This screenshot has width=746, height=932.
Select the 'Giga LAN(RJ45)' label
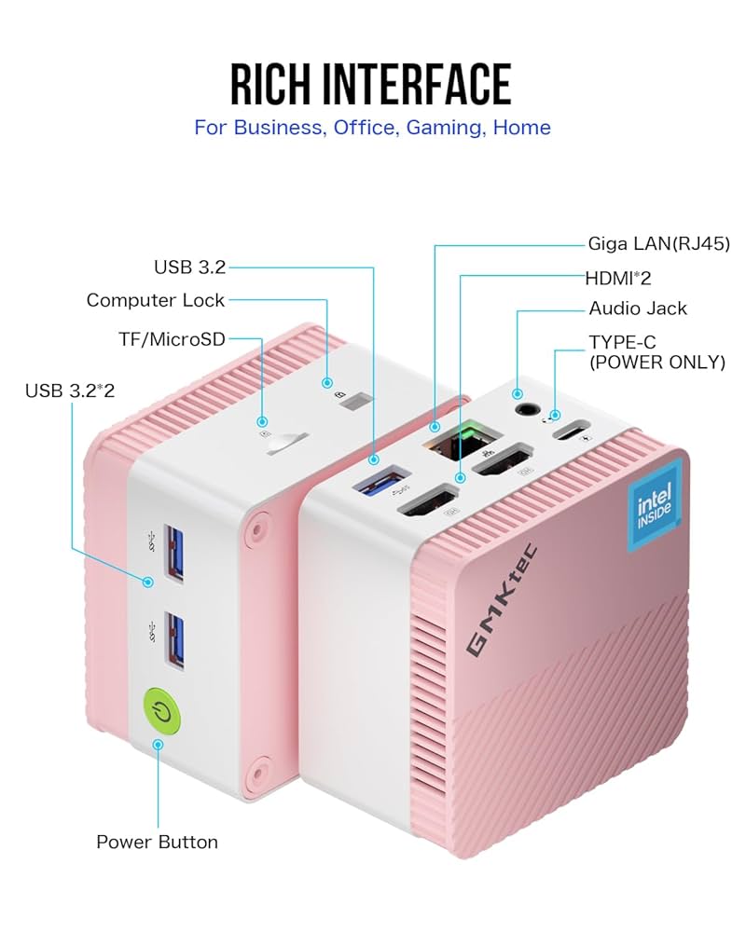coord(658,244)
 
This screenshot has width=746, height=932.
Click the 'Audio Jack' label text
coord(638,308)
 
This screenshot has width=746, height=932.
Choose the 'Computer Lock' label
coord(156,300)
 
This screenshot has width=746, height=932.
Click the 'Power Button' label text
coord(157,842)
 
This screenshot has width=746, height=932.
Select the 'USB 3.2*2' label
coord(70,390)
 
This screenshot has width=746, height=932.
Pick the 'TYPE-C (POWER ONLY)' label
coord(656,352)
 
